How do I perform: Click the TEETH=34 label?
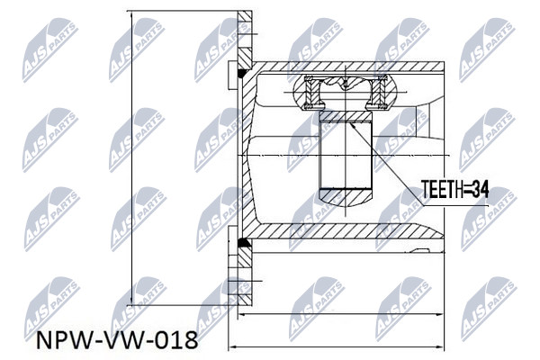point(454,189)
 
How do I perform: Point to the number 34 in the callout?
point(480,189)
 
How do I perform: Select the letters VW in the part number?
point(128,341)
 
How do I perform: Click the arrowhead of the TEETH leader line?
point(352,125)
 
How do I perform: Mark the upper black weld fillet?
point(243,73)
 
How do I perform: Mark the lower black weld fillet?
point(243,242)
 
